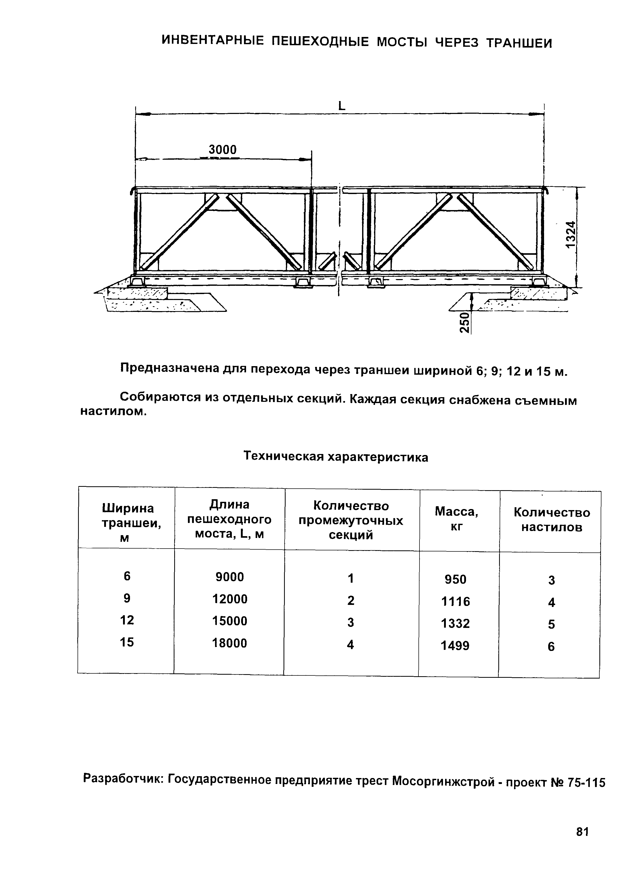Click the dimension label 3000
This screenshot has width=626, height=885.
(223, 150)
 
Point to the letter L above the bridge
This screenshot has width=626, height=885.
(341, 106)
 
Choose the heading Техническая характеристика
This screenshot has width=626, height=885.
(336, 457)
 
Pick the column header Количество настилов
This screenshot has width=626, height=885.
(552, 520)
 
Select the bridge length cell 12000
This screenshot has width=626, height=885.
(230, 599)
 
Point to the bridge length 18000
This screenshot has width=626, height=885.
(230, 643)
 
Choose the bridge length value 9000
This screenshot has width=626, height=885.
(230, 577)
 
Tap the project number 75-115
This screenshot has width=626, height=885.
(586, 782)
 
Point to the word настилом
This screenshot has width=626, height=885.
(114, 412)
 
